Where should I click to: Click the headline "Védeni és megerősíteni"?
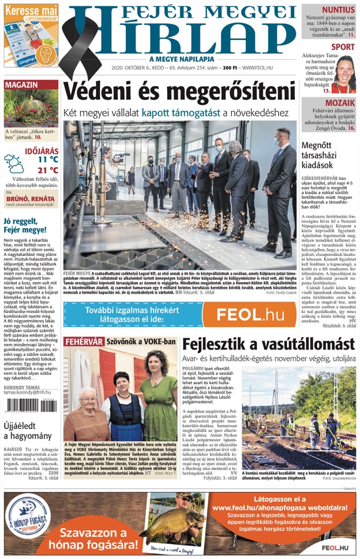pyautogui.click(x=179, y=92)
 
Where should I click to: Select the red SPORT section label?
pyautogui.click(x=342, y=47)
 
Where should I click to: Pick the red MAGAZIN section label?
pyautogui.click(x=22, y=85)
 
